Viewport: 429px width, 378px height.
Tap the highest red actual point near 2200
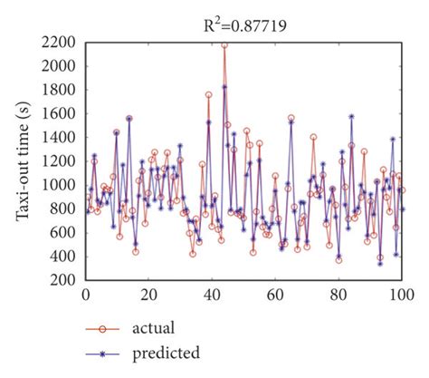[x=224, y=44]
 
